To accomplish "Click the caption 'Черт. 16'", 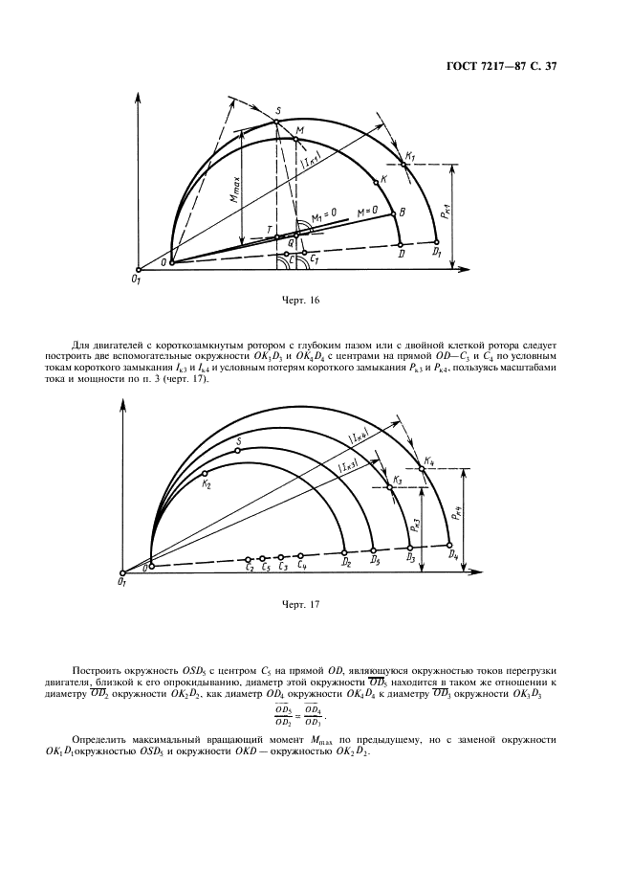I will tap(300, 301).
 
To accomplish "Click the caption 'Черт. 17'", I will tap(300, 604).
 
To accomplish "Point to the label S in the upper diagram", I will tap(277, 111).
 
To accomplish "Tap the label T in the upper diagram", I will tap(270, 228).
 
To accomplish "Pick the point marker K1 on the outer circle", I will tap(404, 165).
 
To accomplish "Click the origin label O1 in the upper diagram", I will tap(138, 277).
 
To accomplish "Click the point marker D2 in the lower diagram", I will tap(345, 552).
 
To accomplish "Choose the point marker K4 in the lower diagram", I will tap(421, 469).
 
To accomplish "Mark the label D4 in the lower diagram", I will tap(452, 555).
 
